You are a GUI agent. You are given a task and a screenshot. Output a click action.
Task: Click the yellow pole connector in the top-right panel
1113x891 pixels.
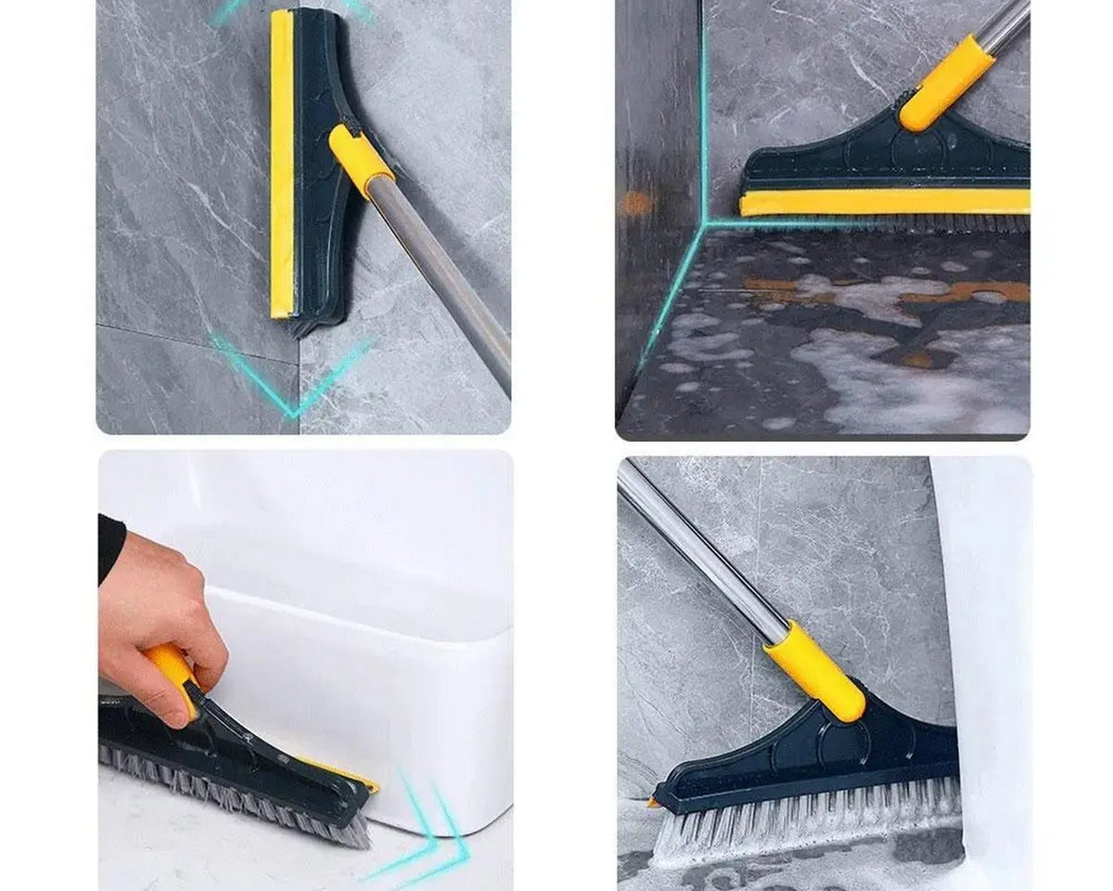[946, 84]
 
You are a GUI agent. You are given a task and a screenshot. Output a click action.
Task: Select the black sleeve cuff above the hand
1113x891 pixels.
[110, 548]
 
